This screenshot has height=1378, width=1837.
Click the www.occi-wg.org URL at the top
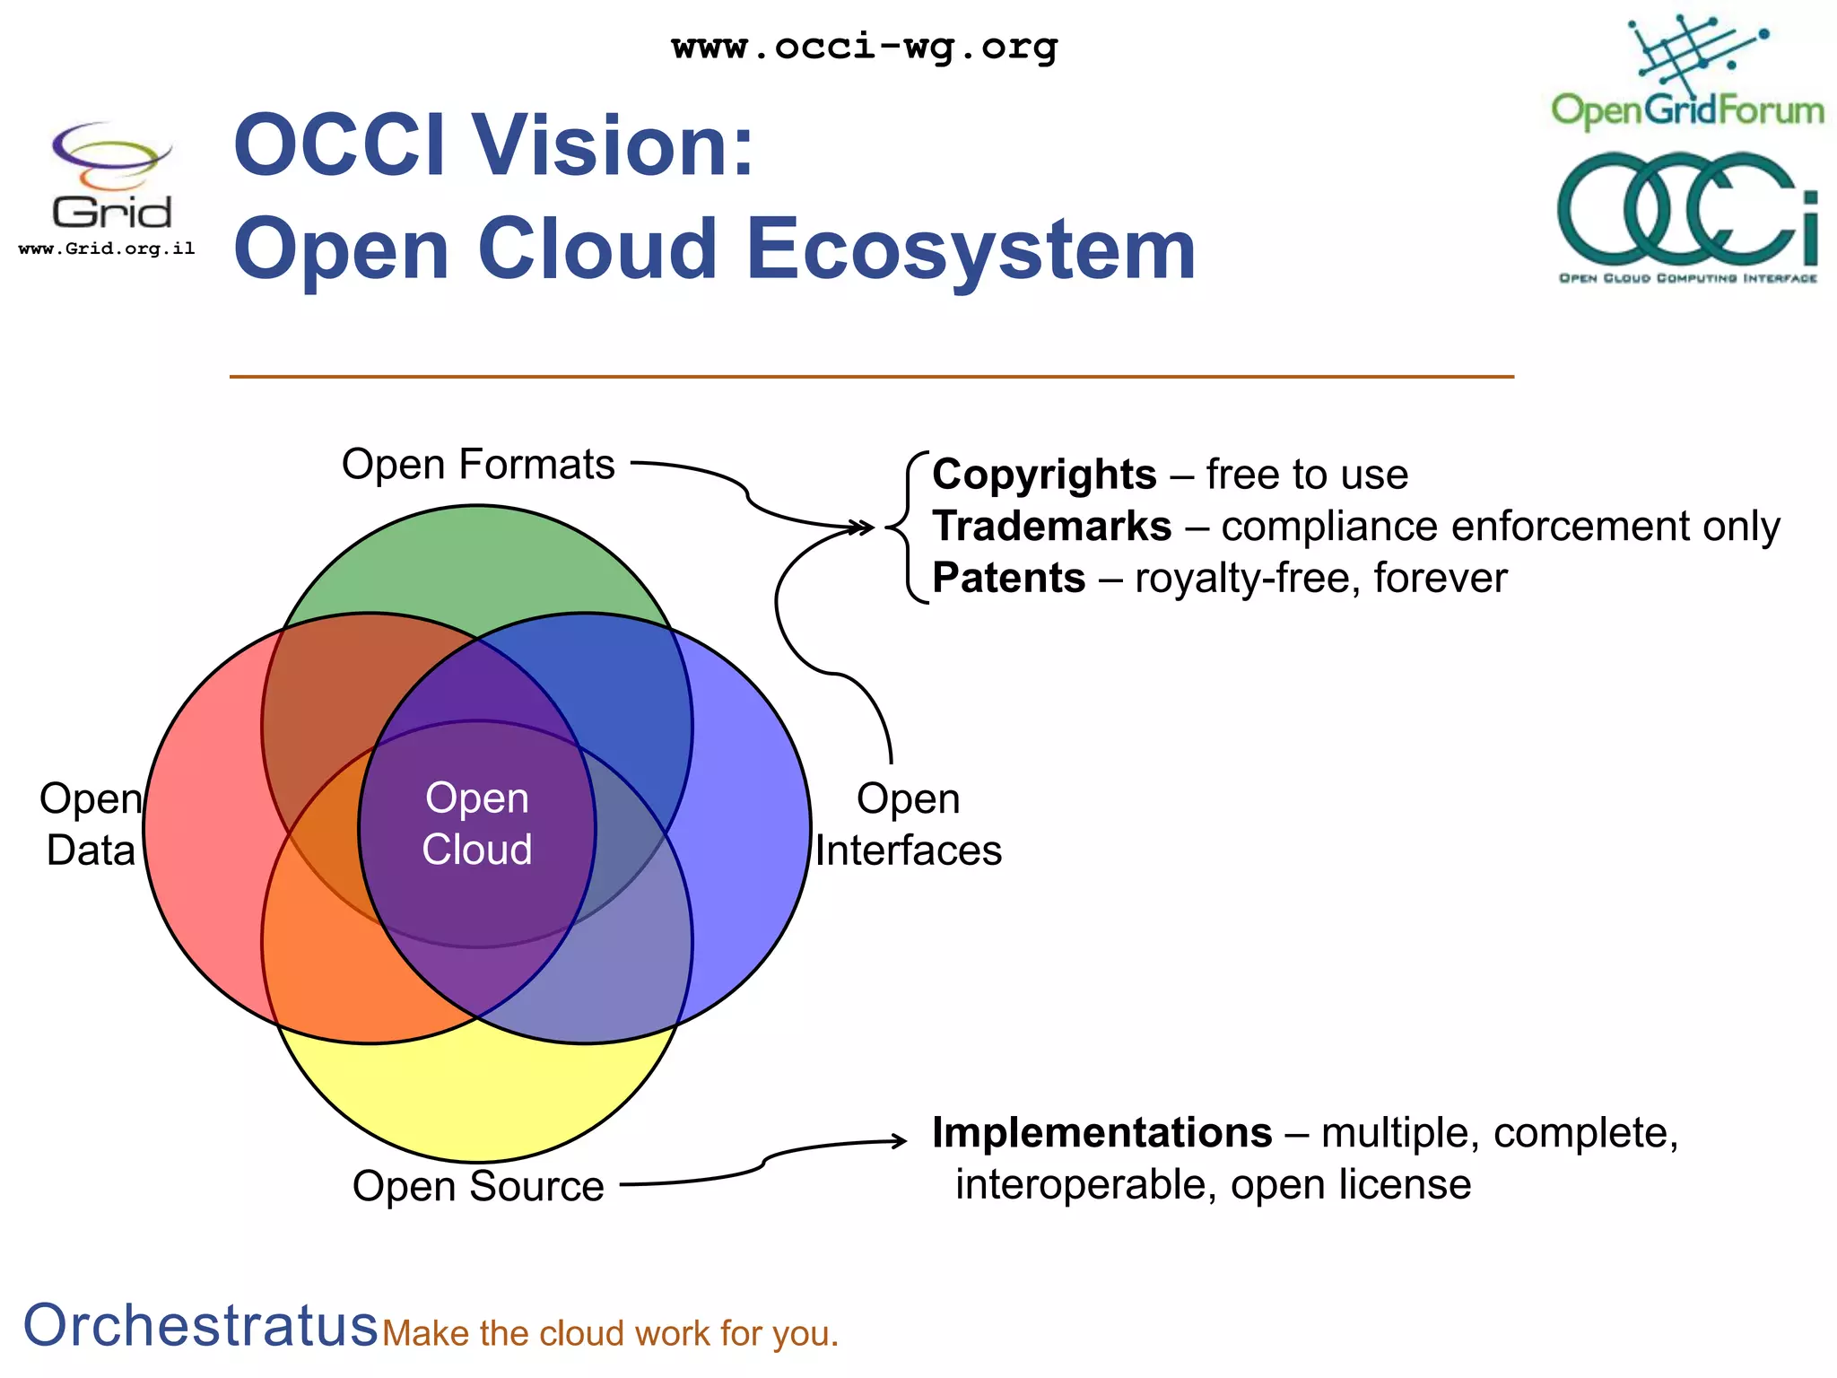865,47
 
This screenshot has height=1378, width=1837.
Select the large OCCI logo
1688,216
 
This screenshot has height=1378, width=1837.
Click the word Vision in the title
614,145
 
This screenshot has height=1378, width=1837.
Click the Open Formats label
478,465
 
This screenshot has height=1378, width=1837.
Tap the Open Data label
91,824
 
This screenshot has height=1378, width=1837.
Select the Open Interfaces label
908,824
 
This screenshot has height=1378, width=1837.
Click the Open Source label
478,1186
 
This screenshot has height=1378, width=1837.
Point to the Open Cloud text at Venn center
477,824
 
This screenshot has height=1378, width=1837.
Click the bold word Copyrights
1044,475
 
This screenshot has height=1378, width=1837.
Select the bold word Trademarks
1051,527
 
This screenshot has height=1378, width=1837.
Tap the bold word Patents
1009,578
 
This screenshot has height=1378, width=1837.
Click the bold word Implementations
1101,1133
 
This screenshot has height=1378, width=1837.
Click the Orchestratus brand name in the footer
200,1325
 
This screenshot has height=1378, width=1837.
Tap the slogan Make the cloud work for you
610,1334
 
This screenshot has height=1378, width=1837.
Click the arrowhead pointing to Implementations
900,1141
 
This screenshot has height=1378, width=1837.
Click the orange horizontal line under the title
870,377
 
